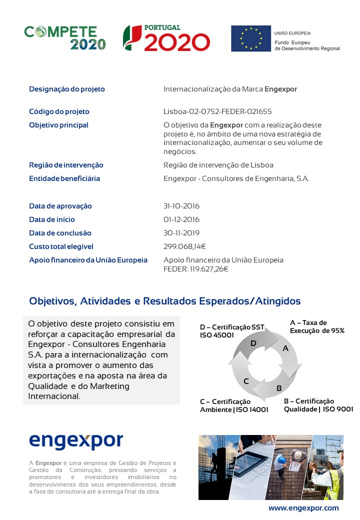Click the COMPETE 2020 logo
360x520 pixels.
(x=65, y=37)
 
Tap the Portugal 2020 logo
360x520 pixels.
(x=166, y=38)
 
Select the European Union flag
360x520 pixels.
(x=250, y=38)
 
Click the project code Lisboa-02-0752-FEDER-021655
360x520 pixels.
(x=217, y=111)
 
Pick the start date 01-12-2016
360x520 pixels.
(x=181, y=219)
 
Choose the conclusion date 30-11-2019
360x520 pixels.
(x=181, y=233)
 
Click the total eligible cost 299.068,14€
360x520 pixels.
(x=185, y=246)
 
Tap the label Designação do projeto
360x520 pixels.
(x=67, y=89)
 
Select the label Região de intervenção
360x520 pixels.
(x=66, y=165)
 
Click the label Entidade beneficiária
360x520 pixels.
(x=64, y=178)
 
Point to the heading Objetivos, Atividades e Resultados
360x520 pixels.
(x=165, y=301)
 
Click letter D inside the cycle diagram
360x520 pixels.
(x=253, y=343)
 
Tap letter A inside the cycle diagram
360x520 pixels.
(x=285, y=348)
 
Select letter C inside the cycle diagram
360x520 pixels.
(x=246, y=381)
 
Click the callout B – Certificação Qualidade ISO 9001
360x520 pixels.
(x=318, y=405)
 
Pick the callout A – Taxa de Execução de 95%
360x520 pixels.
(x=317, y=326)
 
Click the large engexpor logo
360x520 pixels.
(x=76, y=440)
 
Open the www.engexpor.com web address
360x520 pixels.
(x=303, y=508)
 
